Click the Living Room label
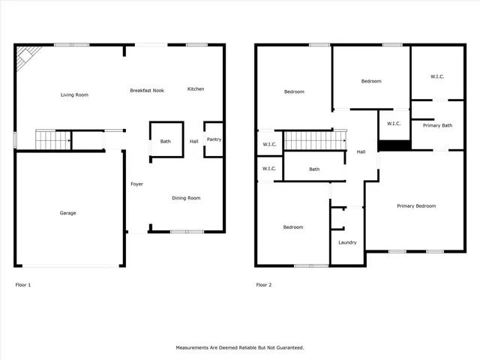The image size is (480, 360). (x=74, y=95)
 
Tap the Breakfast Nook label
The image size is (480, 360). (x=147, y=90)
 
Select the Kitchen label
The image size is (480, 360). (x=196, y=89)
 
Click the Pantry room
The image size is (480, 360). (x=214, y=139)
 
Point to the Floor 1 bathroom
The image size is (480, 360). (x=166, y=140)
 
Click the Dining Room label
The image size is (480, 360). (x=186, y=198)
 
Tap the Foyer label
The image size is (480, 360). (x=136, y=184)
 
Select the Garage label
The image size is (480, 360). (x=68, y=213)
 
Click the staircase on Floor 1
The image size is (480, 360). (x=53, y=139)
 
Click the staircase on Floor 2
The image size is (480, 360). (x=313, y=140)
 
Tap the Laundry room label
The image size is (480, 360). (x=347, y=242)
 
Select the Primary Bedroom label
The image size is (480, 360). (x=416, y=205)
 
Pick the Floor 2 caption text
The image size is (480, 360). (x=263, y=285)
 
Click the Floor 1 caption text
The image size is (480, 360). (x=23, y=285)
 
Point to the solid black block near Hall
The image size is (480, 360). (x=394, y=145)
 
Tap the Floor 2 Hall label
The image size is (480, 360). (x=361, y=152)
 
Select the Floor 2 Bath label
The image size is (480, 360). (x=314, y=169)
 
